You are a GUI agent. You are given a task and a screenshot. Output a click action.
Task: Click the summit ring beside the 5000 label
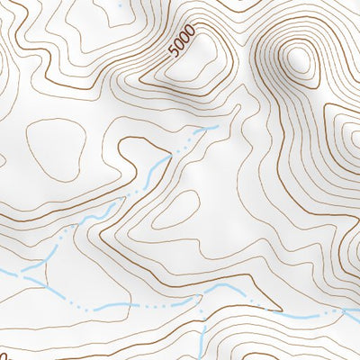[205, 56]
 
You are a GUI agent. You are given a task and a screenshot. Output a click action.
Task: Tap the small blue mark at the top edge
[120, 2]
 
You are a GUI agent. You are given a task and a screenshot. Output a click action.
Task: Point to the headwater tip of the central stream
[216, 128]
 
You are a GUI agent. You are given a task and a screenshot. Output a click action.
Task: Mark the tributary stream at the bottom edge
[202, 346]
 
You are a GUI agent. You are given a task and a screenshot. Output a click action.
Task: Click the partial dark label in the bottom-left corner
[4, 354]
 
